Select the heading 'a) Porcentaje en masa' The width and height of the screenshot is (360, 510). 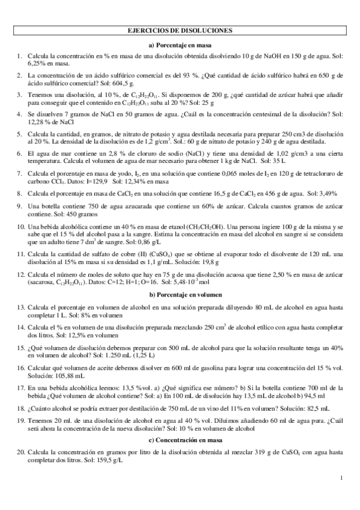[x=181, y=45]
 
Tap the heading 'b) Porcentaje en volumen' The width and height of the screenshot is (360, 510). [x=181, y=295]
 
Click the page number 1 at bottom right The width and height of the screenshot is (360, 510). [x=341, y=478]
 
